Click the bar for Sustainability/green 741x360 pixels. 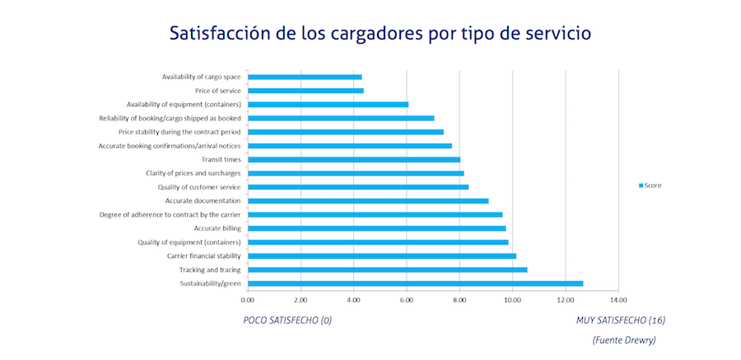pos(415,283)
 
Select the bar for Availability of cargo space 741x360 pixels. pos(305,77)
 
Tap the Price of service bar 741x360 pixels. pos(305,91)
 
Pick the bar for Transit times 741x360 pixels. pos(354,160)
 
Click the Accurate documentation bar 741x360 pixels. pos(368,201)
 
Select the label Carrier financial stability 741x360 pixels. pos(203,256)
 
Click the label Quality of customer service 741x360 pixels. pos(199,187)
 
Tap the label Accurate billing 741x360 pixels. pos(217,228)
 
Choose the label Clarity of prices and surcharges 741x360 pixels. pos(192,173)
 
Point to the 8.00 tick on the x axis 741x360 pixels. pos(459,300)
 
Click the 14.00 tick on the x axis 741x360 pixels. pos(618,300)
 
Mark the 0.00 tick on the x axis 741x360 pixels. pos(248,300)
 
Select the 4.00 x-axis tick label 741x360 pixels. pos(353,300)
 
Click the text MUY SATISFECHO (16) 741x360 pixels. pos(620,320)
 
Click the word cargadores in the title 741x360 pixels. pos(363,35)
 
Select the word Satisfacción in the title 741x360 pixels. pos(218,34)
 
